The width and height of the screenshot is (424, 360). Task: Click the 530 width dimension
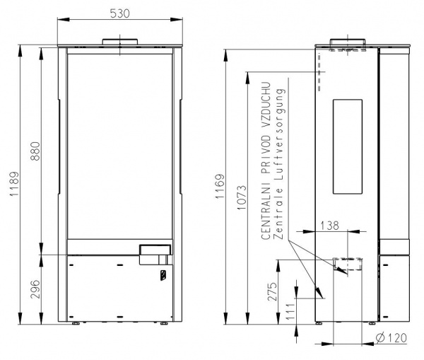(x=120, y=13)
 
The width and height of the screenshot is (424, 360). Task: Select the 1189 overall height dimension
(x=14, y=184)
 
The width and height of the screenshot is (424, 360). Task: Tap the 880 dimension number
(x=35, y=151)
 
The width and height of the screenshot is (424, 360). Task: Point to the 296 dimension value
(x=35, y=289)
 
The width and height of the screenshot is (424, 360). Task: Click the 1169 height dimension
(x=220, y=186)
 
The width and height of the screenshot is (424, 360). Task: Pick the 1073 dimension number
(x=242, y=197)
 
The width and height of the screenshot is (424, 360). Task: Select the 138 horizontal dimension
(x=329, y=225)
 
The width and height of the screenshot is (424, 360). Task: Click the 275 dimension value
(x=273, y=291)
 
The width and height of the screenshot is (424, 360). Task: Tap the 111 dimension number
(x=290, y=311)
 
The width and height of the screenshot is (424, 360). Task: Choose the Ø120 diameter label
(x=391, y=337)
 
